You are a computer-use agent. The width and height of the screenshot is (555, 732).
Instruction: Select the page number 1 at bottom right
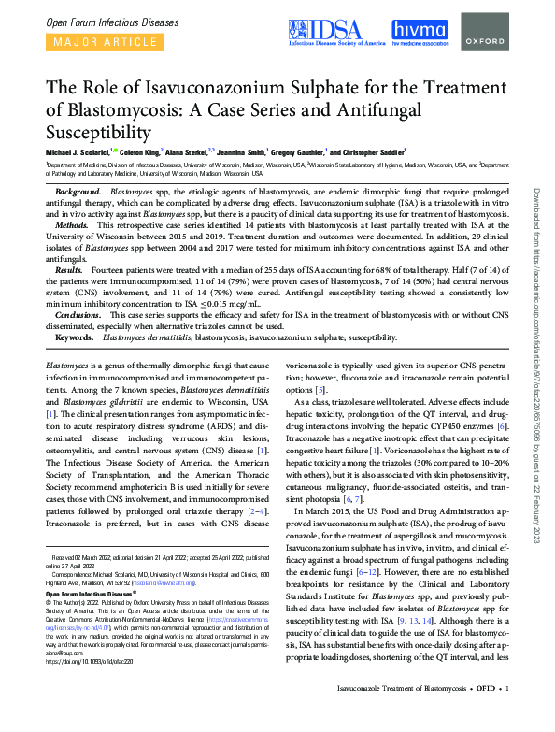click(x=506, y=714)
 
